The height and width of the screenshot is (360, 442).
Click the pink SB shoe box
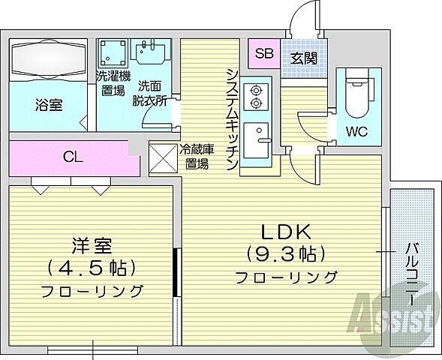click(263, 53)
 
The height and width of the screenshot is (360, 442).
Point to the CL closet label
click(72, 157)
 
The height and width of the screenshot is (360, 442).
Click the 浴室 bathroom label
click(48, 105)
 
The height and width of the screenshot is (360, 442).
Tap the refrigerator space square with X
click(163, 157)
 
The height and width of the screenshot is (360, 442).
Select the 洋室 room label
click(91, 244)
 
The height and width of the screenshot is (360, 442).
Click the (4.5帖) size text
click(91, 267)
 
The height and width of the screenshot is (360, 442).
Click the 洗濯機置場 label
click(114, 83)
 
